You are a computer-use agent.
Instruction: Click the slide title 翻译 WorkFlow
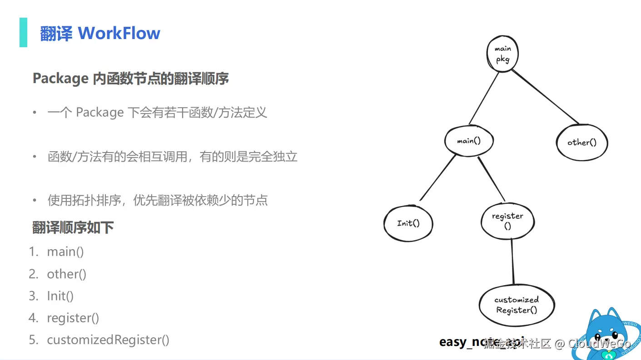click(x=100, y=33)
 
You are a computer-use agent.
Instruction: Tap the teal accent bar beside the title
click(x=23, y=32)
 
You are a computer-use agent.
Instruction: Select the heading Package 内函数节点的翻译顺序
click(x=131, y=79)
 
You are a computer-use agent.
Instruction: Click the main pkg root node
click(x=502, y=54)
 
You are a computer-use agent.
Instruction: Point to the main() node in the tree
click(x=469, y=141)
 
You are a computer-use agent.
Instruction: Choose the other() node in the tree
click(x=582, y=143)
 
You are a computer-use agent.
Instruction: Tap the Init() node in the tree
click(x=408, y=223)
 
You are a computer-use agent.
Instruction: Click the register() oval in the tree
click(x=507, y=221)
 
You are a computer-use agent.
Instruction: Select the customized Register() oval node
click(x=517, y=305)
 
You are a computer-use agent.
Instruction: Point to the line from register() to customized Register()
click(x=513, y=261)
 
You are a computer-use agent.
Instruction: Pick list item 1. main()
click(x=65, y=252)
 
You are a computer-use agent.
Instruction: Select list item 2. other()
click(x=66, y=274)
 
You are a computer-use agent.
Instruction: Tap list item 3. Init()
click(x=60, y=296)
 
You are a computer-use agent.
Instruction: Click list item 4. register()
click(x=73, y=318)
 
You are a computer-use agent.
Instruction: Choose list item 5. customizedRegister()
click(x=108, y=340)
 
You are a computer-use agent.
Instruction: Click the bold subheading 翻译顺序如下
click(x=73, y=227)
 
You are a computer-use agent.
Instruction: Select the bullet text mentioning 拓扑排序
click(x=157, y=200)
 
